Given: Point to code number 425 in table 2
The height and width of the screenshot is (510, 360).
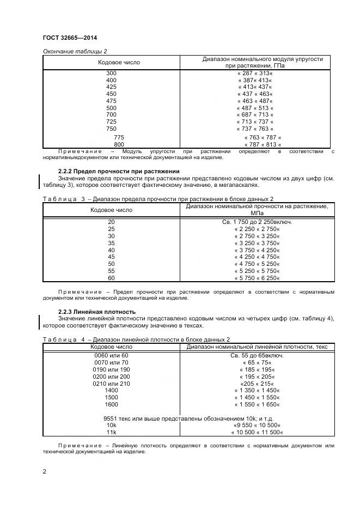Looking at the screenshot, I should point(111,87).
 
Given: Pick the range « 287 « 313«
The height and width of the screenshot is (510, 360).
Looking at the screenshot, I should point(255,73).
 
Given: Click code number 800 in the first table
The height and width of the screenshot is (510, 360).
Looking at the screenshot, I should point(119,144).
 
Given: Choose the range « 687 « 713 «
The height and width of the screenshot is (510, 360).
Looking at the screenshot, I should point(255,115).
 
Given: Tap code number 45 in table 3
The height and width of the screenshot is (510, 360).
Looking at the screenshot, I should point(111,257).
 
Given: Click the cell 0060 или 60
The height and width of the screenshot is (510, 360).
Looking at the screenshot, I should point(111,355).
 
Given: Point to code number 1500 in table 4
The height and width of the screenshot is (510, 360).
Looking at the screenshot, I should point(111,397).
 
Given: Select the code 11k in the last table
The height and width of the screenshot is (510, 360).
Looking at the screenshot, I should point(111,432).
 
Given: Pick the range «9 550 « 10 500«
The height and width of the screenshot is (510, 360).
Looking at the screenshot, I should point(257,425).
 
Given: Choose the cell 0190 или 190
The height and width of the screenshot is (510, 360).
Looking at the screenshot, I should point(111,369).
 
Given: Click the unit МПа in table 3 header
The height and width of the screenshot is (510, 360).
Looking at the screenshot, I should point(257,213).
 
